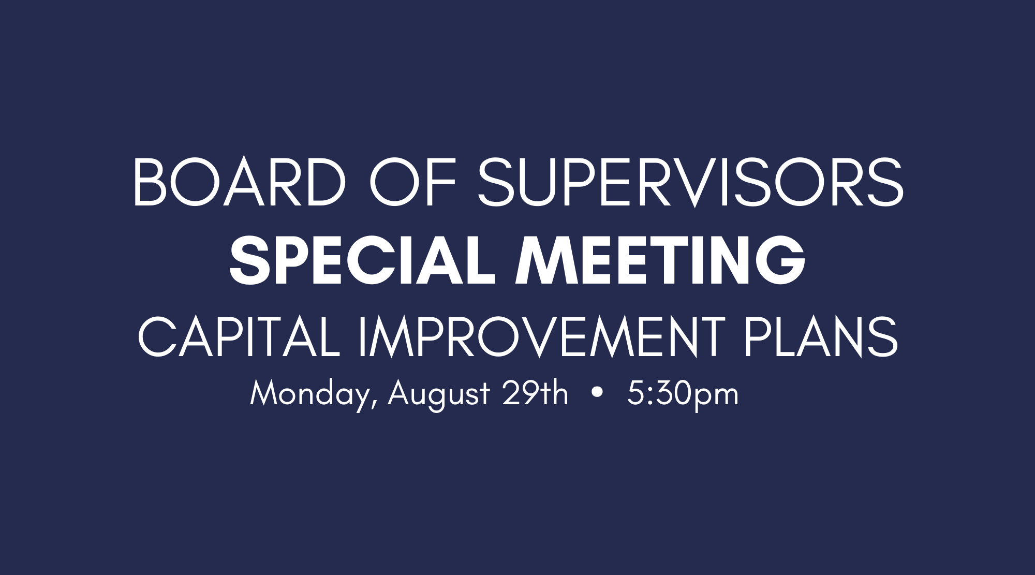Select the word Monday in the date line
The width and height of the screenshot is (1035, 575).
point(309,395)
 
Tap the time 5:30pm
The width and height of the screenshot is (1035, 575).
point(683,395)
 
